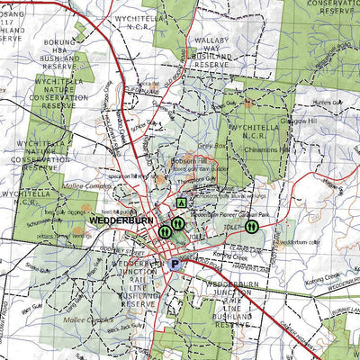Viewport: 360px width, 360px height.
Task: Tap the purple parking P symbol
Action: (x=175, y=265)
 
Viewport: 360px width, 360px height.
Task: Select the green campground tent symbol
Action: (x=182, y=203)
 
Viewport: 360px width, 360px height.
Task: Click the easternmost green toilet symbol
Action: (x=252, y=229)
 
